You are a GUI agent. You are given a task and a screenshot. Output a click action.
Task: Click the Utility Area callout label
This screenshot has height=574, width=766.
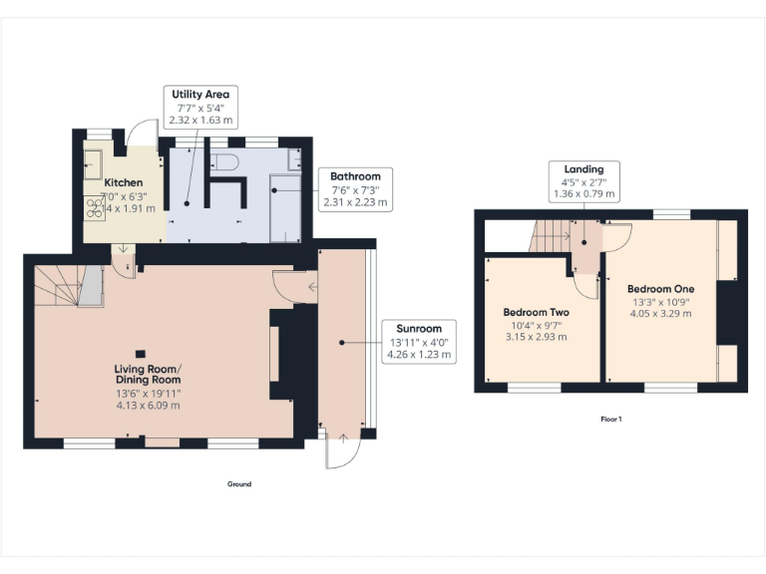(200, 107)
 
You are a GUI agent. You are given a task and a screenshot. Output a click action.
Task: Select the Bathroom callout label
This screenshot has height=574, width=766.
(355, 188)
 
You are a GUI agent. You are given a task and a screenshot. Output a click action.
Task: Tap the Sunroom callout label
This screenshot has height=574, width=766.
(419, 341)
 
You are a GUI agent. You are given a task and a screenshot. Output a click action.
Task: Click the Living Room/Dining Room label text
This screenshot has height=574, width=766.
(148, 375)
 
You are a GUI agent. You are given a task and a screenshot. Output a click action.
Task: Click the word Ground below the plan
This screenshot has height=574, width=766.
(239, 484)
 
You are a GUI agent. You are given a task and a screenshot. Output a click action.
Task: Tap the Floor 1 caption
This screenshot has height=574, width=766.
(610, 420)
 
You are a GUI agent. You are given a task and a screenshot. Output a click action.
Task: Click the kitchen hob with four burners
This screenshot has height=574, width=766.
(97, 206)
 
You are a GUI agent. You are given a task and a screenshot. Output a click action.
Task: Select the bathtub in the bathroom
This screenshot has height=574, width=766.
(286, 203)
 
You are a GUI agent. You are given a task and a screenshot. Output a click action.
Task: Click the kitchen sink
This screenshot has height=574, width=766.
(94, 161)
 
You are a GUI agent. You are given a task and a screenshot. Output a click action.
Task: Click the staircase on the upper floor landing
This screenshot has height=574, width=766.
(551, 237)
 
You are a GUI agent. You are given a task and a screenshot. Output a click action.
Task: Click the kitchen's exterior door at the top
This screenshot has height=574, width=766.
(146, 135)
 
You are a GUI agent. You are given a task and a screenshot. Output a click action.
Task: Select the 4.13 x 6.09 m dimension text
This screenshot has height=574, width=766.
(148, 407)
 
